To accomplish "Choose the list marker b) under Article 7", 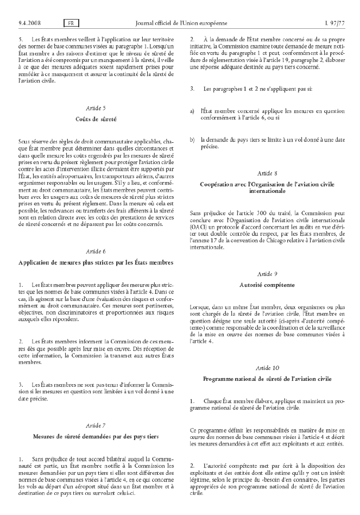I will click(x=192, y=139).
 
